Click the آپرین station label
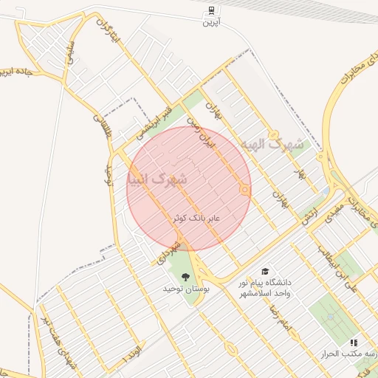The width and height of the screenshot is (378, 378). coord(211,22)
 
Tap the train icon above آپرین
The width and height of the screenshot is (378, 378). coord(211,10)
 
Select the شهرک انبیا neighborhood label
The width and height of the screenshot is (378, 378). coord(157,179)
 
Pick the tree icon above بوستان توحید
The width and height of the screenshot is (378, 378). coord(185,278)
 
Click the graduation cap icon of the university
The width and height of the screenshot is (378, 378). coord(264,271)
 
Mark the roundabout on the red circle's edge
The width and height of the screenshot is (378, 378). coord(244,190)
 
